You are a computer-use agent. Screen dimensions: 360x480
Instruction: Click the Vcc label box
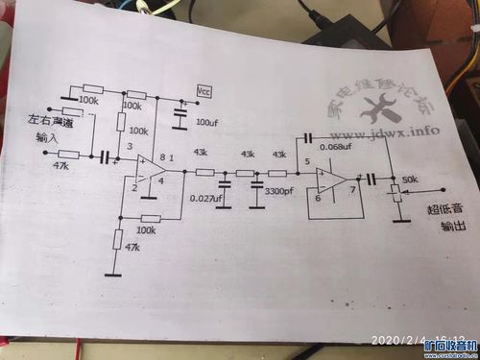204,90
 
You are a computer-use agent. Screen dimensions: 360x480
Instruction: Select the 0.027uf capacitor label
205,198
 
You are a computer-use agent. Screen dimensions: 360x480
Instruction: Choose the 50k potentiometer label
410,180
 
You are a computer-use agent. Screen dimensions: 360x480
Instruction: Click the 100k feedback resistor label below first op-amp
147,230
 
